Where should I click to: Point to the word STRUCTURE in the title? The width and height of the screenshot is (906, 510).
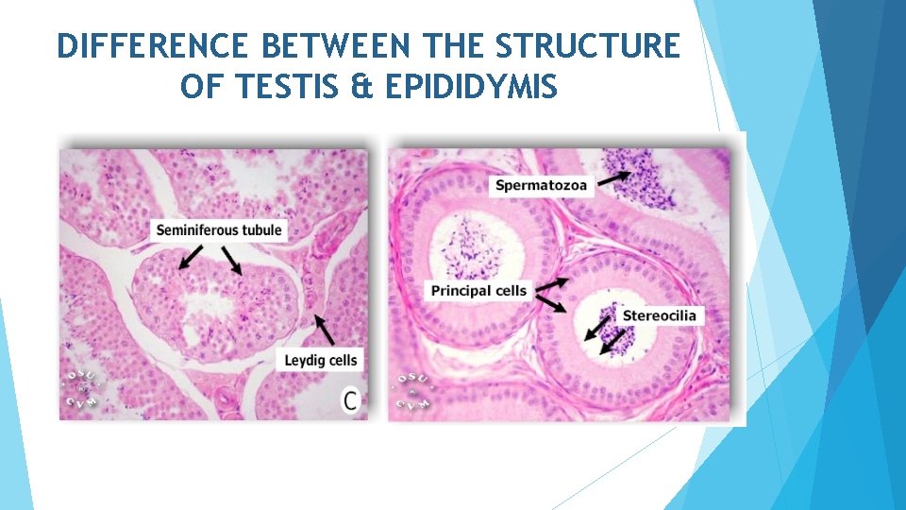(x=587, y=46)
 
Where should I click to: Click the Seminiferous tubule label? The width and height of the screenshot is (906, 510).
(x=219, y=229)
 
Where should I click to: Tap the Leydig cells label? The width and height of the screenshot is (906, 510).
(x=321, y=359)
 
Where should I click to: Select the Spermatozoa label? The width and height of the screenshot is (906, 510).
(x=541, y=185)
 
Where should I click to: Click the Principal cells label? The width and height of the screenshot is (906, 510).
(x=478, y=290)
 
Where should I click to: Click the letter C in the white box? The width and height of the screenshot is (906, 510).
(x=350, y=400)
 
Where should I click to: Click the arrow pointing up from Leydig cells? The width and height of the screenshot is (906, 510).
(x=324, y=330)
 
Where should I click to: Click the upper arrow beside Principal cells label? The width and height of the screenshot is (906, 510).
(x=551, y=282)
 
